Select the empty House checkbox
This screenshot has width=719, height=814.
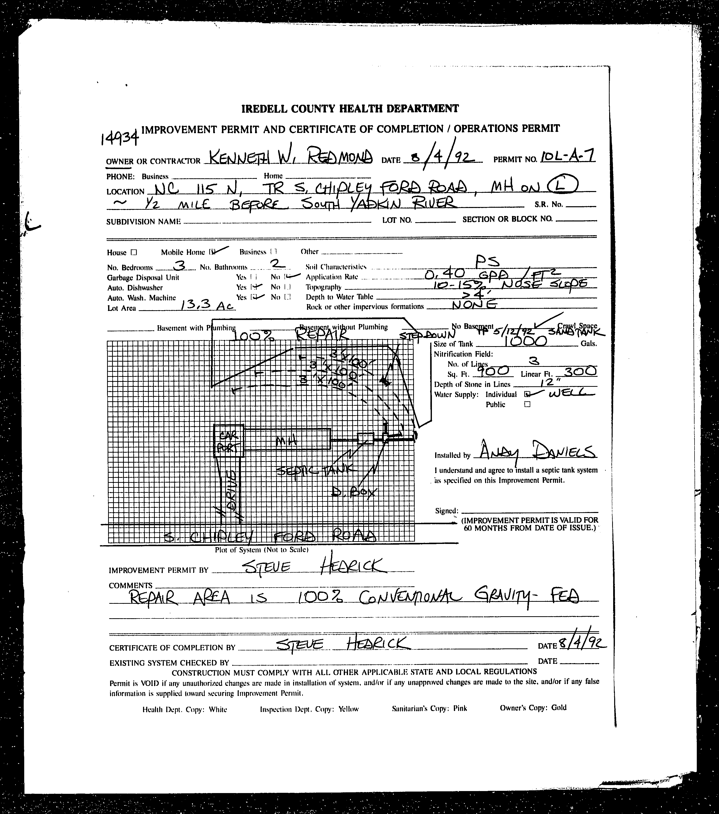click(134, 252)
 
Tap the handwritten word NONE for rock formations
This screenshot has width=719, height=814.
click(475, 305)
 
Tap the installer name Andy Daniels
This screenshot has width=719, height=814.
click(536, 452)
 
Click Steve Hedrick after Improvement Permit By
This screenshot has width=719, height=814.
click(313, 566)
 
